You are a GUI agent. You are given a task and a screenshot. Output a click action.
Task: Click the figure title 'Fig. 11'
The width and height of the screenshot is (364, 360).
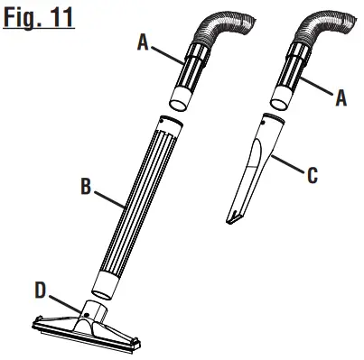pyautogui.click(x=39, y=18)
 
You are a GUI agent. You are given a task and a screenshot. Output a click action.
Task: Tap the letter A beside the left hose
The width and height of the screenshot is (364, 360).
pyautogui.click(x=143, y=42)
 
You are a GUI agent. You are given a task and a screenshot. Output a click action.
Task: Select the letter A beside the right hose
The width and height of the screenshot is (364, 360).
pyautogui.click(x=341, y=98)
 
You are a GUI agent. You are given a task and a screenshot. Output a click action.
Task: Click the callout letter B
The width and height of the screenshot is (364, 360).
pyautogui.click(x=86, y=186)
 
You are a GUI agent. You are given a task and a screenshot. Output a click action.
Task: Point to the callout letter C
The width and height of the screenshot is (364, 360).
pyautogui.click(x=313, y=176)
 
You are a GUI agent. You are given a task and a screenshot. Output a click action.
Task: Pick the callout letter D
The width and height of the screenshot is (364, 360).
pyautogui.click(x=41, y=291)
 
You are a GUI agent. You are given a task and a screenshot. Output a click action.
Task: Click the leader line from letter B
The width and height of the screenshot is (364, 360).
pyautogui.click(x=109, y=198)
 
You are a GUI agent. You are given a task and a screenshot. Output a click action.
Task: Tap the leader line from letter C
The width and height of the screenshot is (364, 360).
pyautogui.click(x=287, y=164)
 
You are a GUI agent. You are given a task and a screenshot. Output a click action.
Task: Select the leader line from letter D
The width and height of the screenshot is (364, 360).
pyautogui.click(x=65, y=304)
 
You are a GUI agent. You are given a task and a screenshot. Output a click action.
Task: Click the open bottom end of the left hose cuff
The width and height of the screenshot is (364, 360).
pyautogui.click(x=178, y=105)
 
